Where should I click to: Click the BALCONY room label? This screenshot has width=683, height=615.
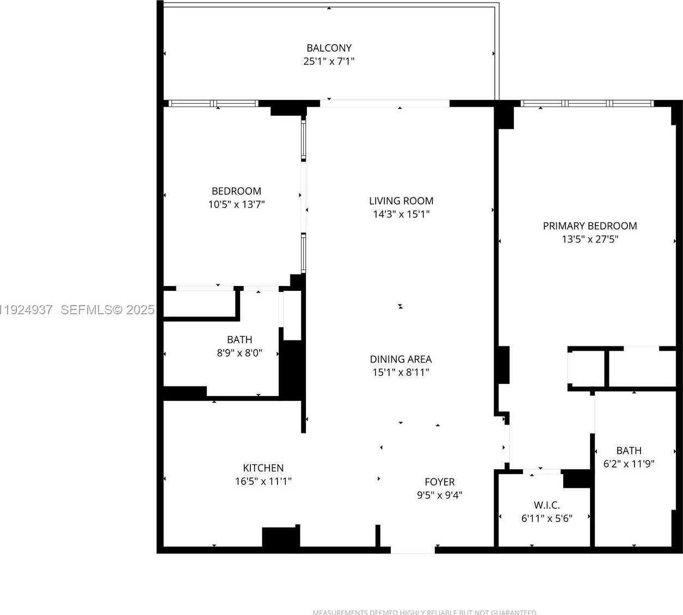point(329,48)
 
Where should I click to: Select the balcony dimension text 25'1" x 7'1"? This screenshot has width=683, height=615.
point(329,61)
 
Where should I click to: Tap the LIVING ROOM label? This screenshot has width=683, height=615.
point(401,201)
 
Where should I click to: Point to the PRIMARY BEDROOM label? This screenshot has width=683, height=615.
point(590,226)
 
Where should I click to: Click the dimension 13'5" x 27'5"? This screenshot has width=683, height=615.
point(590,239)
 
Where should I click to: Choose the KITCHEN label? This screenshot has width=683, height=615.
point(263,468)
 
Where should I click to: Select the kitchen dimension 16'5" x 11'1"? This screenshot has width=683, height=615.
point(263,481)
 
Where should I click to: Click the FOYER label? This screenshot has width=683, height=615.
point(439,482)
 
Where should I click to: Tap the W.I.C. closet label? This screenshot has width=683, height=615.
point(546,506)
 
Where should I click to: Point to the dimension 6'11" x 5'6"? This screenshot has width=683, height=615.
point(546,519)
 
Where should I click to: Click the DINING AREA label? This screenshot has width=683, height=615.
point(401,359)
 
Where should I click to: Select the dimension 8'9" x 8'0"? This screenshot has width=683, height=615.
point(239,353)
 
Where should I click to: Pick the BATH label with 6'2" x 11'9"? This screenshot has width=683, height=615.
point(629,451)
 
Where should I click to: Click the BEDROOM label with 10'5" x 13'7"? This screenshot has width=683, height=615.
point(236,191)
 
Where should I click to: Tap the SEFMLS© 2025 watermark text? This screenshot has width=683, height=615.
point(107,310)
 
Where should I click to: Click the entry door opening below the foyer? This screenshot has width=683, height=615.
point(413,550)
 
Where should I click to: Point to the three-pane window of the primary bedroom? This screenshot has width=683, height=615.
point(587,103)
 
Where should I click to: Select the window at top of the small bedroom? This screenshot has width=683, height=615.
point(213,103)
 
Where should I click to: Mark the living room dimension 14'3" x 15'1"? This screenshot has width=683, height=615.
point(401,214)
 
